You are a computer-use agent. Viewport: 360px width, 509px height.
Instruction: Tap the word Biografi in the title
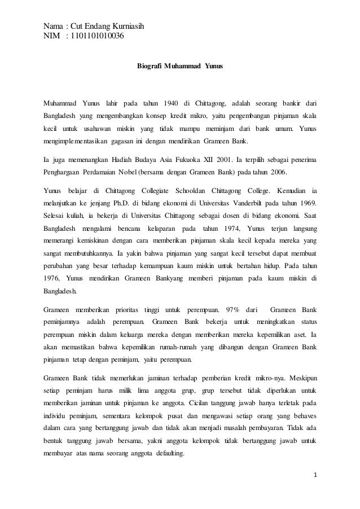pos(149,67)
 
